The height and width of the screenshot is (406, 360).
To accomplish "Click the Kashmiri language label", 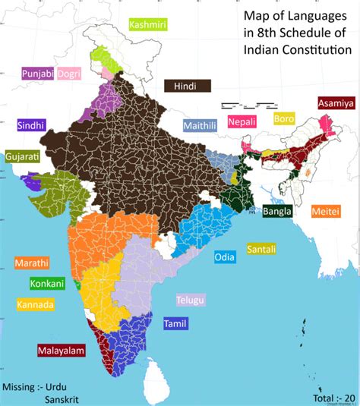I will pos(148,25).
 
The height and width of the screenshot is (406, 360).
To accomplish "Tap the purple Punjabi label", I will pos(36,74).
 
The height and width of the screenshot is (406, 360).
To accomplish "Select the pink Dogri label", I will pos(71,74).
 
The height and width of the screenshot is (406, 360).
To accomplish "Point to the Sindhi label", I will pos(32,125).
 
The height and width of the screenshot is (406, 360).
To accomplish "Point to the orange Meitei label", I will pos(325,212).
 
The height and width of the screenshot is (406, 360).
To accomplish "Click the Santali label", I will pos(261,249).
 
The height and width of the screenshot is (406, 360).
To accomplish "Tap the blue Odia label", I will pos(224,257).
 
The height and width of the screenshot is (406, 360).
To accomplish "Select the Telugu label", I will pos(191,301).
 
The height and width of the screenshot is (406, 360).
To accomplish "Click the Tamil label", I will pos(175,324).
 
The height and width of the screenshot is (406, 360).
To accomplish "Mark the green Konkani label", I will pos(47,284).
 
